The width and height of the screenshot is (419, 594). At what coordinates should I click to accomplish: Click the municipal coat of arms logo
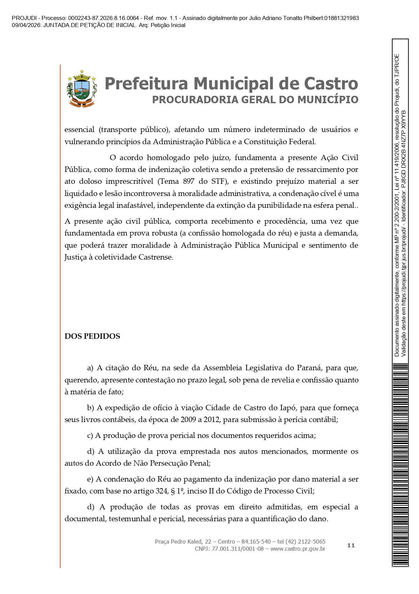(81, 89)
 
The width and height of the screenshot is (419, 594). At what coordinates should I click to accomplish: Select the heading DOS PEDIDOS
(92, 336)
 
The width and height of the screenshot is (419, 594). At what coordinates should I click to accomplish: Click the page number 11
(351, 545)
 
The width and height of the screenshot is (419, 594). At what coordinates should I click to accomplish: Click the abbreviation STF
(218, 181)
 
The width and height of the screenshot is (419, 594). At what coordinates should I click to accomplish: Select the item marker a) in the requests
(90, 368)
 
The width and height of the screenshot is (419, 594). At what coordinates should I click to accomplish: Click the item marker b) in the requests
(91, 408)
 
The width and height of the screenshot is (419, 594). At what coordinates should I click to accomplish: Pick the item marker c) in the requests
(90, 435)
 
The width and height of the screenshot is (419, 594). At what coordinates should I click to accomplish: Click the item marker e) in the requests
(90, 479)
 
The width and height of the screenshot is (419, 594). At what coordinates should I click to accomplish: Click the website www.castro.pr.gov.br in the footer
(298, 549)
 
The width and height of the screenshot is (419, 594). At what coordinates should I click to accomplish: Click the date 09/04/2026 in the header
(26, 25)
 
